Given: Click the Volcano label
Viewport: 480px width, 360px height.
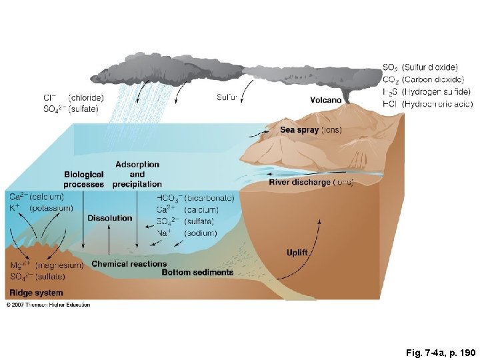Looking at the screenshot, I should click(326, 100).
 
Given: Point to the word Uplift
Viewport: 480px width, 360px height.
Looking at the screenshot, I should click(297, 253).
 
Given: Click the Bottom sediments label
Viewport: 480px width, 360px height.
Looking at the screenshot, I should click(197, 273).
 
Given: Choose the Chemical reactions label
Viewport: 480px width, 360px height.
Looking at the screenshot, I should click(129, 264).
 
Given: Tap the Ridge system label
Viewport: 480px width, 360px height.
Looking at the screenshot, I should click(36, 293).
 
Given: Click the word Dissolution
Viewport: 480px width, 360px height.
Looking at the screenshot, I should click(109, 217).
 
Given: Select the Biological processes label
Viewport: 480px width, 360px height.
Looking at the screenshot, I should click(84, 179).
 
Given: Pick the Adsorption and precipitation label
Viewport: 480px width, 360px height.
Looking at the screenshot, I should click(137, 174).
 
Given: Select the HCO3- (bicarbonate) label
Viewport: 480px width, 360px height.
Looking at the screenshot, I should click(195, 197).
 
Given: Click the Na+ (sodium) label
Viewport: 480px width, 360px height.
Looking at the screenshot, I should click(187, 233).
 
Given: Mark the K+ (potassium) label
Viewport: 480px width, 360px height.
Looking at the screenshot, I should click(41, 208).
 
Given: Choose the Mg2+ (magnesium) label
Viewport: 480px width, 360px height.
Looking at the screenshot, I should click(46, 265).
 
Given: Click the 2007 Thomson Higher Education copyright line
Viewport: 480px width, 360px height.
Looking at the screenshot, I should click(48, 305).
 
